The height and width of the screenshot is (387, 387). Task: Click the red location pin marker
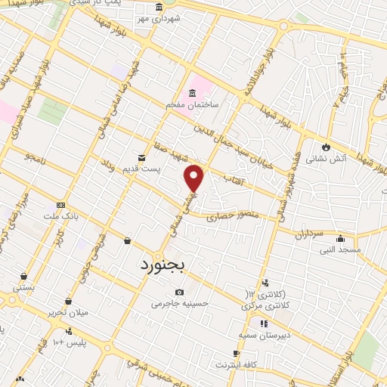click(194, 178)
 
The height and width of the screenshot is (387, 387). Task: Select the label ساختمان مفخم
click(193, 106)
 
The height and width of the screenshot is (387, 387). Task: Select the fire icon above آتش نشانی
click(326, 146)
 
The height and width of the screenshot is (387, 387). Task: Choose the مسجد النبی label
click(340, 249)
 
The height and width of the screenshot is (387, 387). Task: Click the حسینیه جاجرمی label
click(178, 305)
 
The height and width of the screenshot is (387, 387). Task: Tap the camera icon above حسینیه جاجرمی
click(178, 293)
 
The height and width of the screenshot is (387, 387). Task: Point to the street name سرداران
click(309, 234)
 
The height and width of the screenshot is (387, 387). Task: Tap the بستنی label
click(23, 288)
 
